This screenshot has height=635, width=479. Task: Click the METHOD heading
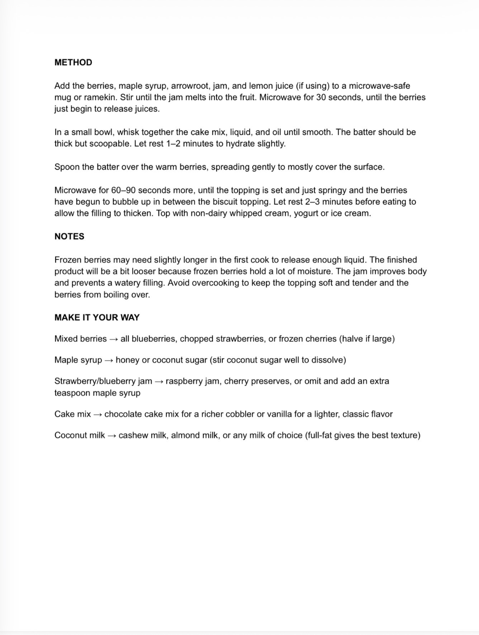coord(73,62)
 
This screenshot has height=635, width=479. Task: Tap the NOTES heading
coord(69,236)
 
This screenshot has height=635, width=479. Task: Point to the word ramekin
coord(100,97)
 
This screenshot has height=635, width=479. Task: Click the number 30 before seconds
coord(321,97)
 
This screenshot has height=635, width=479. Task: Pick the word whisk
coord(128,132)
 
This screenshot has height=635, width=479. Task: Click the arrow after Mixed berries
coord(113,339)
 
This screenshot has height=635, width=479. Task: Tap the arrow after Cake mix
coord(97,415)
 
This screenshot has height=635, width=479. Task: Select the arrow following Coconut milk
coord(112,436)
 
